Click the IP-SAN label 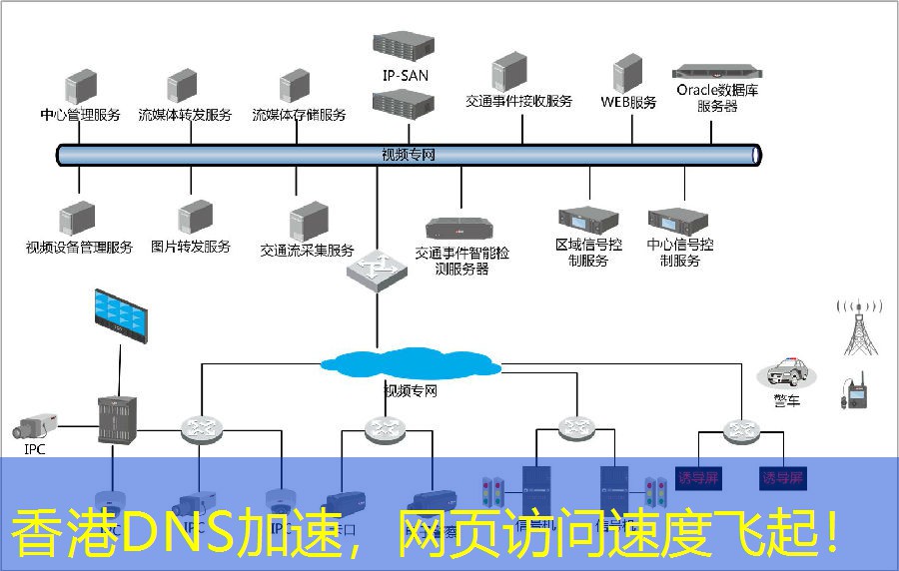point(404,75)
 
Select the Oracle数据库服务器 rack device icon point(717,72)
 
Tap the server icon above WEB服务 point(627,75)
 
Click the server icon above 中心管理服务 point(81,87)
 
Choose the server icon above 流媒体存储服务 point(295,87)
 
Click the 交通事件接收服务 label point(519,101)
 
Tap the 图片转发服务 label point(191,247)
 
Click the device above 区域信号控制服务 point(588,220)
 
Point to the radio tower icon point(860,326)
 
